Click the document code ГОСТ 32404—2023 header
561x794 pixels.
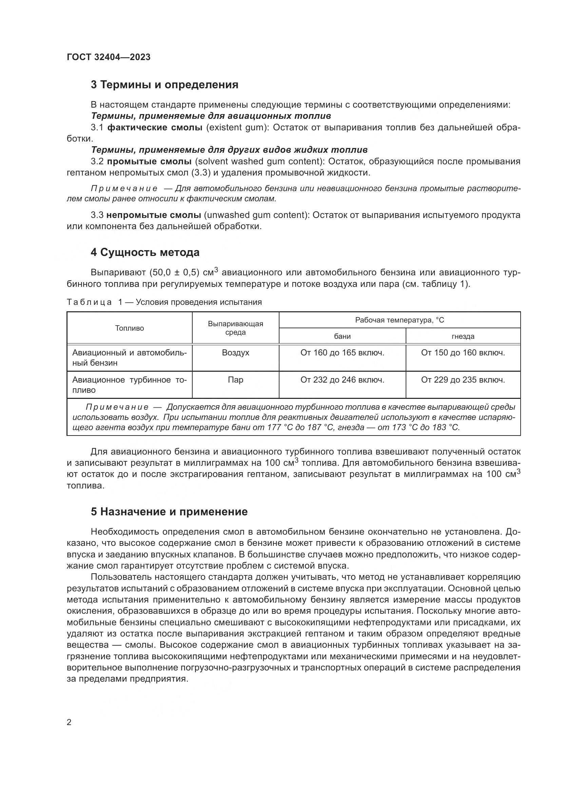click(109, 57)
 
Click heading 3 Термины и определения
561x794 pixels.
click(165, 85)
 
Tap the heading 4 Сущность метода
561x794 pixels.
click(145, 253)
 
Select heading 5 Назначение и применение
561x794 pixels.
click(169, 512)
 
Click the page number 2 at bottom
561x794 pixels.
click(69, 722)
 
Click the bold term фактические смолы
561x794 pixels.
click(155, 128)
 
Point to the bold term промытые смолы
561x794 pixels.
click(149, 162)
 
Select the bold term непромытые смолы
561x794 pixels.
click(154, 215)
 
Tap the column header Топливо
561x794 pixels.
click(130, 328)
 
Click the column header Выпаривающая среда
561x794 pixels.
click(236, 328)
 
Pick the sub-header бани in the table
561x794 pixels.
click(342, 336)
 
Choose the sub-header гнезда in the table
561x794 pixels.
click(463, 336)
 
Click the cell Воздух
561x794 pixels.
click(236, 353)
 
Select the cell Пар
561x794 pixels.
click(236, 380)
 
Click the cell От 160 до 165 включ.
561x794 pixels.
click(342, 353)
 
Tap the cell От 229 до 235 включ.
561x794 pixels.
click(463, 380)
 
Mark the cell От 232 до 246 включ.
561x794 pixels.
click(342, 380)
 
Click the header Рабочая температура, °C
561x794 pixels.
click(400, 320)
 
